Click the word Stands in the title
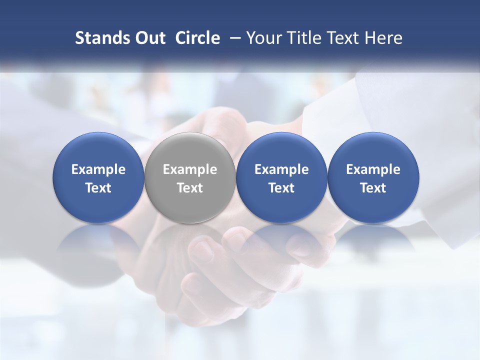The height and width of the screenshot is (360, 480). coord(101,38)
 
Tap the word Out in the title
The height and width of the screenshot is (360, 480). coord(149,38)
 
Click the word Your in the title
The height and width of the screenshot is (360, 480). coord(263,38)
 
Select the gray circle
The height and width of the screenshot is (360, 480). coord(189,150)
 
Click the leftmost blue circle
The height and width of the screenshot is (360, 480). coord(98,150)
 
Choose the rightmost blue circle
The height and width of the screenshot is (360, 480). coord(373,150)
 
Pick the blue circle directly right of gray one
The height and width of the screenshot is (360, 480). coord(281,150)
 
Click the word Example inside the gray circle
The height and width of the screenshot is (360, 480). coord(189,169)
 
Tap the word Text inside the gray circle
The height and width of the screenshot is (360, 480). coord(189,188)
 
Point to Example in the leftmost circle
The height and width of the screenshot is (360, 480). coord(98,169)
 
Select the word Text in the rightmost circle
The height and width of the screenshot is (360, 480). coord(373,188)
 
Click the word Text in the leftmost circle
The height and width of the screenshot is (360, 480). coord(98,188)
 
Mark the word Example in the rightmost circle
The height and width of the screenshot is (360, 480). coord(373,169)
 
